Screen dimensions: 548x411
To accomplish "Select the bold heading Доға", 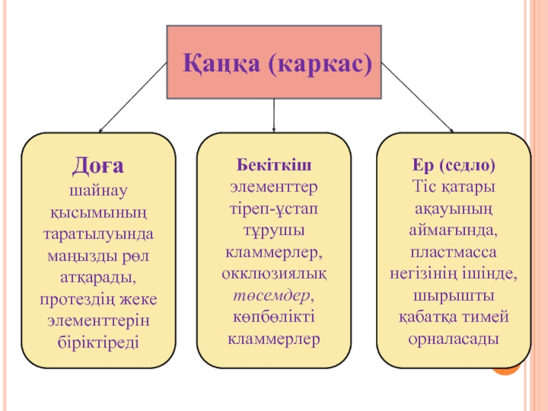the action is coord(98,166).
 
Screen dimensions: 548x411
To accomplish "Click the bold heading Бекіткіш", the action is coord(274,166).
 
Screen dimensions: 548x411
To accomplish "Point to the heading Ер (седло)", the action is coord(454,166).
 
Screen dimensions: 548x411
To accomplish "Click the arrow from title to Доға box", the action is coord(133,97).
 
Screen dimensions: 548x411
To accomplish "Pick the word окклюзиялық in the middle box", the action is coord(274,273).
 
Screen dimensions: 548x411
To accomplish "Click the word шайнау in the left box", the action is coord(98,188).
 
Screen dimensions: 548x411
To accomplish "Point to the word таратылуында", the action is coord(98,233).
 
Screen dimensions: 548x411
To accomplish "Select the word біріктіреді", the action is coord(98,340).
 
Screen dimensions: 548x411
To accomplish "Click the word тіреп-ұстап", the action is coord(274,208).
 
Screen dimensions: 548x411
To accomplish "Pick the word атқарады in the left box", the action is coord(98,277).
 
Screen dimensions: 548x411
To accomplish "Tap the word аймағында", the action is coord(454,229).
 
